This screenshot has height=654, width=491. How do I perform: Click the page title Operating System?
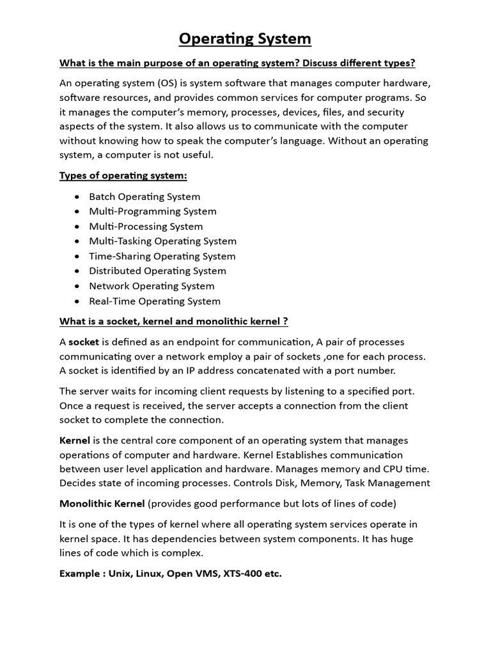(x=245, y=39)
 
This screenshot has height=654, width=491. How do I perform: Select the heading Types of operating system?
(x=123, y=176)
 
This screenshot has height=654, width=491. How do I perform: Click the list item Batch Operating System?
(x=144, y=197)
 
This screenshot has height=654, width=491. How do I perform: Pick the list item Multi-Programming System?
(x=153, y=211)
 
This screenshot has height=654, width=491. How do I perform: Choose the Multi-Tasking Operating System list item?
(x=162, y=241)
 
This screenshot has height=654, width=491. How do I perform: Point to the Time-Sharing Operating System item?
(x=162, y=256)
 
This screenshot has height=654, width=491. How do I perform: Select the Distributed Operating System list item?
(x=157, y=271)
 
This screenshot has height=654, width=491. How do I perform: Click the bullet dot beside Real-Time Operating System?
(x=77, y=301)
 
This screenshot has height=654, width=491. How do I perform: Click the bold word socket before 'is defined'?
(x=84, y=342)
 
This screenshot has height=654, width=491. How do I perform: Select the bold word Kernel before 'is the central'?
(x=75, y=441)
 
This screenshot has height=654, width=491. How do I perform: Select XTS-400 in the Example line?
(x=241, y=574)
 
